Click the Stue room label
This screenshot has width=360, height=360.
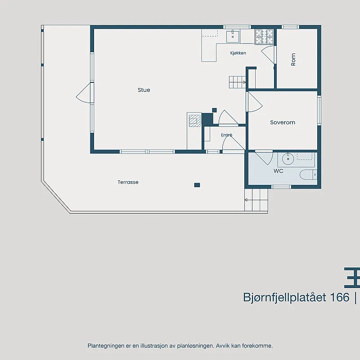point(144,90)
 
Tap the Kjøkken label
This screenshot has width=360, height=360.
point(238,53)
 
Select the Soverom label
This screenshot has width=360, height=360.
point(283,122)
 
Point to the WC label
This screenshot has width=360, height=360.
point(278,171)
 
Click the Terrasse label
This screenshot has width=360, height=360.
point(128,182)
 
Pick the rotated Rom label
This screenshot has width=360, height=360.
point(293,59)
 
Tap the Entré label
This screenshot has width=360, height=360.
point(227,135)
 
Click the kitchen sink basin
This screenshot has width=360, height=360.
point(233,36)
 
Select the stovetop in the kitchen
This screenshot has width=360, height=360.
point(264,36)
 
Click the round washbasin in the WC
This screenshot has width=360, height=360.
point(288,159)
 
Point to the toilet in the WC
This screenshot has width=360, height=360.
point(308,175)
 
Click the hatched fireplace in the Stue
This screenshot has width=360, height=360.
point(195,121)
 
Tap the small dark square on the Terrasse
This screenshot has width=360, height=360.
point(197,185)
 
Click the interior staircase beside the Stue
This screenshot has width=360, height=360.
point(238,82)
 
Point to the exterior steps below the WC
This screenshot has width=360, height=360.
point(256,200)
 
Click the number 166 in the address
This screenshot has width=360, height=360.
point(340,297)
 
